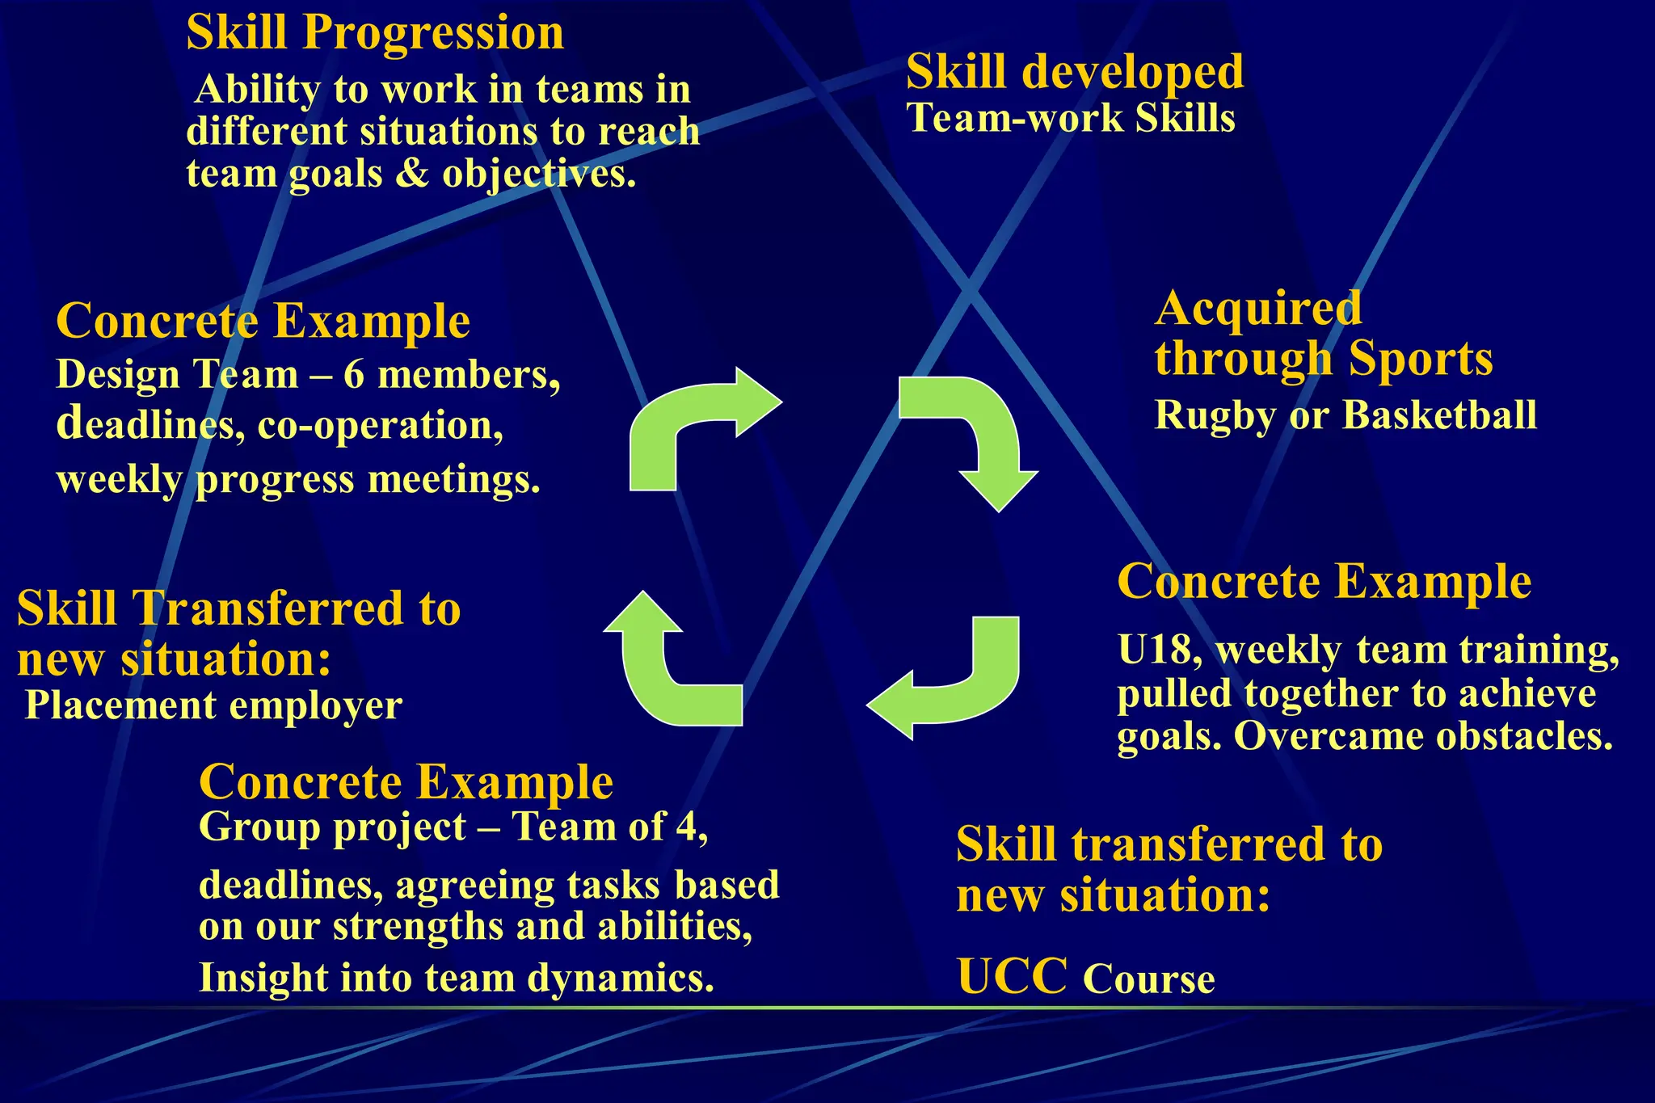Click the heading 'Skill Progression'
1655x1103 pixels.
click(375, 33)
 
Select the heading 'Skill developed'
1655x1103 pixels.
click(1074, 72)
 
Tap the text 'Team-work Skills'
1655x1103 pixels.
click(1070, 118)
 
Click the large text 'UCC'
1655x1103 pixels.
click(1012, 976)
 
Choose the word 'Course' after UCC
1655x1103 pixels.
click(1148, 979)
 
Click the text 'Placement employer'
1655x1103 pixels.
click(213, 705)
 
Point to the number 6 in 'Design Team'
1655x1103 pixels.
click(353, 375)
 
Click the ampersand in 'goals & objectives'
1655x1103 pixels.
click(412, 174)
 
